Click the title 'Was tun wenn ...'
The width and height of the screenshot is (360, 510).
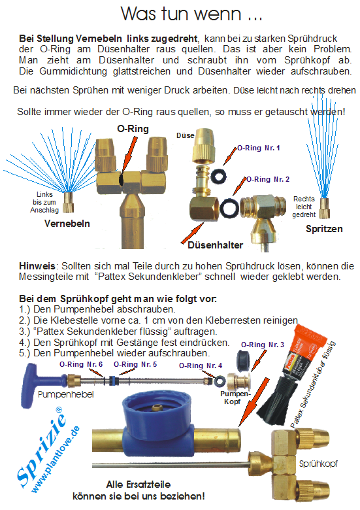coord(191,14)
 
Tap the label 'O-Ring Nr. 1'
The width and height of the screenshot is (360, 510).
coord(258,148)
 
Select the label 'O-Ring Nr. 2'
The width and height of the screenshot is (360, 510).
coord(268,179)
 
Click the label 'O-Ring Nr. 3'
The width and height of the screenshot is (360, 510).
coord(263,345)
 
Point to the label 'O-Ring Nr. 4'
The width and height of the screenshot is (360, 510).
coord(201,365)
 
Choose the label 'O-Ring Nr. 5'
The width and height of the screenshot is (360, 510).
coord(135,364)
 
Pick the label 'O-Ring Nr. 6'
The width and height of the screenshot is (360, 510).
coord(81,364)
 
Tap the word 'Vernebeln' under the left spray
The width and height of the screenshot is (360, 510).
coord(67,224)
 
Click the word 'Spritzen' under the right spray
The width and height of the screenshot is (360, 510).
coord(324,229)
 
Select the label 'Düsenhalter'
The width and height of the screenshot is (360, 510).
coord(215,245)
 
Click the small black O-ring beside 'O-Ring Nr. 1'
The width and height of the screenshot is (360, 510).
coord(218,176)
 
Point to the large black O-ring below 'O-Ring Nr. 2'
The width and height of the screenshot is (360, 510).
coord(229,209)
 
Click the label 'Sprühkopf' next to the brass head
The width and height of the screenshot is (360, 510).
coord(318,464)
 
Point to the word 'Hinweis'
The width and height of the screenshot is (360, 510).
coord(37,266)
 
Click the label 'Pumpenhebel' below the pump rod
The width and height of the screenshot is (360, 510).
coord(65,395)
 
